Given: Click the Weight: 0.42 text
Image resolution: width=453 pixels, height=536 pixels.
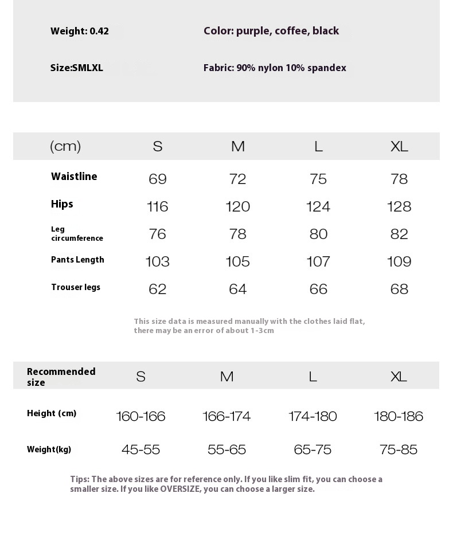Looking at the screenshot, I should point(79,32).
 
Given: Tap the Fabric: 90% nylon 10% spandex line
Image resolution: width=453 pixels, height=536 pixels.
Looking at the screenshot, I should point(275,68).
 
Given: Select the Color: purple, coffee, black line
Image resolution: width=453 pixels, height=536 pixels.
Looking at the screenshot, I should point(271,31).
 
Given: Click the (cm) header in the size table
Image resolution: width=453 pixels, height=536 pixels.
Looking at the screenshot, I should point(65,146).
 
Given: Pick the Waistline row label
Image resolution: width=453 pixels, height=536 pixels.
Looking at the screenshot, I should point(74,177).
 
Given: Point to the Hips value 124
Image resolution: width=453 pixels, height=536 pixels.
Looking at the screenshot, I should point(318,206).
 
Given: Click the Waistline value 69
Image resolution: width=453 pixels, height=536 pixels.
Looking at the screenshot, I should point(158,179).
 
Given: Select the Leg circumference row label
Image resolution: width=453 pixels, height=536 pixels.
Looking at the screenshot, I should point(77,234).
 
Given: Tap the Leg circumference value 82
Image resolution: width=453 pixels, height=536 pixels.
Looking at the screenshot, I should point(399,234).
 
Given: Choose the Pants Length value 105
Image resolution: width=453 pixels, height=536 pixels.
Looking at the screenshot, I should point(238,261).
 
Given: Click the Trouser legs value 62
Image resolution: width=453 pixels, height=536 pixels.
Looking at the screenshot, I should point(158,289).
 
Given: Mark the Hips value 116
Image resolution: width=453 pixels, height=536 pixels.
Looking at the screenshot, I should point(158,206).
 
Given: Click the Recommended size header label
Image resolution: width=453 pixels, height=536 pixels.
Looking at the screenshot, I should point(61,377).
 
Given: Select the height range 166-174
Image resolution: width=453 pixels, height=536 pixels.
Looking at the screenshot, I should point(226,416).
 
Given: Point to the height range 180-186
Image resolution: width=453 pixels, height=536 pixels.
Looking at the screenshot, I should point(399,416).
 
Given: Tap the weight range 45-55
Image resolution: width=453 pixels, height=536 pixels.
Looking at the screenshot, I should point(140,449).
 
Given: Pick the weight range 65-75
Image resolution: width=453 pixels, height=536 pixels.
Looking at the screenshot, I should point(313,449).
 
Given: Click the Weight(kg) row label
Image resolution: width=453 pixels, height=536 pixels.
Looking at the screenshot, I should point(49,449).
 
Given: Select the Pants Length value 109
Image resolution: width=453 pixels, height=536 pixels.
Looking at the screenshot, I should point(399,261).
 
